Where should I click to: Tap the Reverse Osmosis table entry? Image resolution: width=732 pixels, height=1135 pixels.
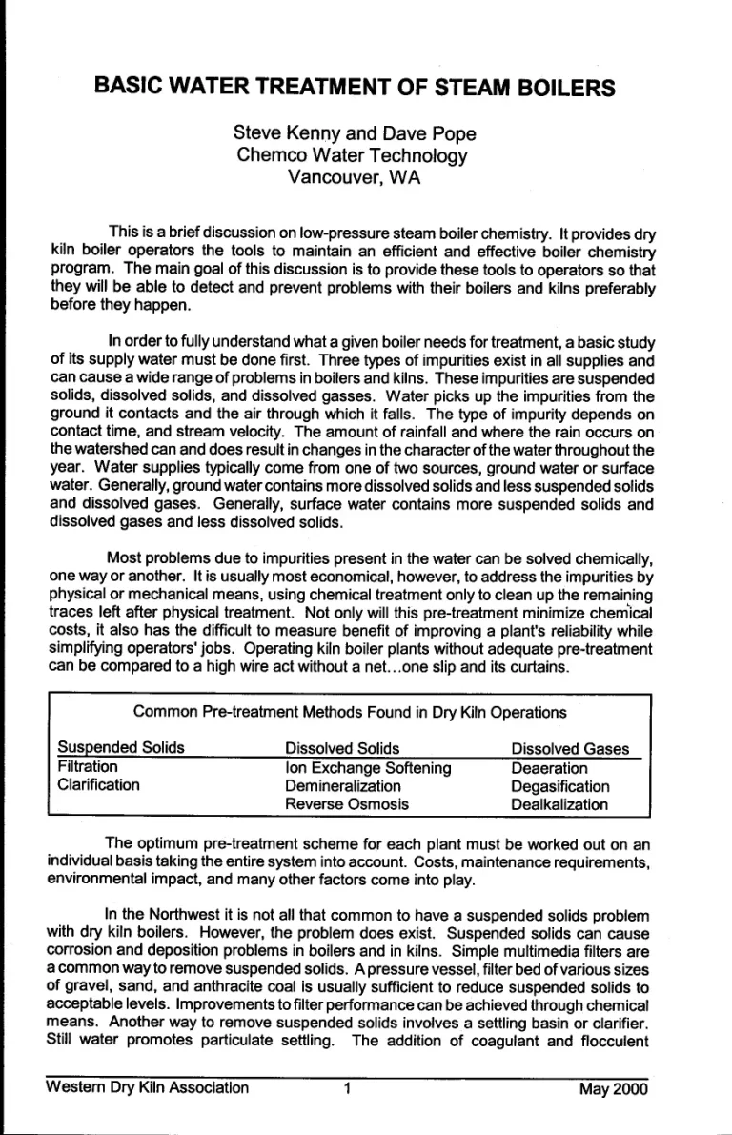340,805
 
